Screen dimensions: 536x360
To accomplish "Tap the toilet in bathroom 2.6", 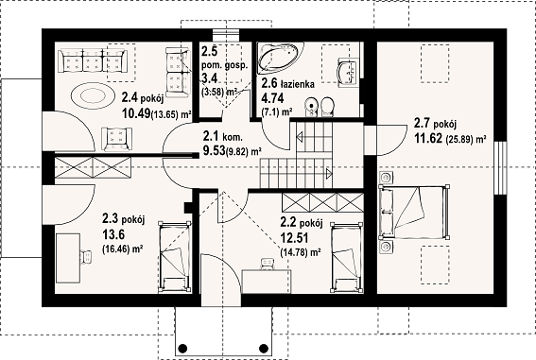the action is [327, 107].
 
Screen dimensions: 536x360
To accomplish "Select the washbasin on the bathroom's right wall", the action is [348, 72].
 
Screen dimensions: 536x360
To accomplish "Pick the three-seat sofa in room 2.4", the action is [93, 60].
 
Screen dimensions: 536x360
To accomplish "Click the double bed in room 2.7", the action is [414, 212].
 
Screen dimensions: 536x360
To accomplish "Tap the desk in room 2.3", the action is [68, 258].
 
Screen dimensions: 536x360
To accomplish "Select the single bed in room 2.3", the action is [174, 257].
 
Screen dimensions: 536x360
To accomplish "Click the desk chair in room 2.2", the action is [267, 264].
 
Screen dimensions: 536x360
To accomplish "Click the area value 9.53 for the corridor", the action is [214, 150].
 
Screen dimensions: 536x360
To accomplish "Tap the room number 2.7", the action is [422, 123].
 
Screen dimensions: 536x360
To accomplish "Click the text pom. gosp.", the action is [224, 65].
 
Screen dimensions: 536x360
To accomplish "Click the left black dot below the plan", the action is [182, 348].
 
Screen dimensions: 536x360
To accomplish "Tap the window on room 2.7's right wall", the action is [500, 167].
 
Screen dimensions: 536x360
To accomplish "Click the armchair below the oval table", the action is [117, 139].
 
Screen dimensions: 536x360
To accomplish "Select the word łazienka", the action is [298, 84].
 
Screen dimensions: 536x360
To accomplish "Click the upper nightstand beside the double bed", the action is [386, 178].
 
